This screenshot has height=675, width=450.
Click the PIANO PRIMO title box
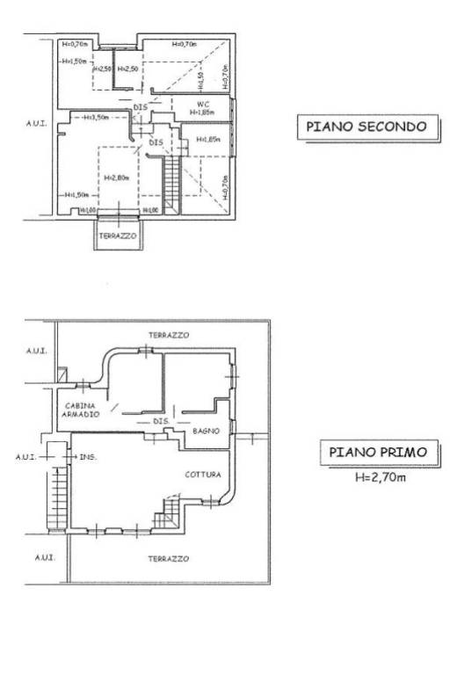tap(377, 453)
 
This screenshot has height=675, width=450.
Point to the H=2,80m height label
tap(116, 178)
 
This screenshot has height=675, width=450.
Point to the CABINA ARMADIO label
tap(80, 410)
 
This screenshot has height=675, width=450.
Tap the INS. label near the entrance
tap(86, 458)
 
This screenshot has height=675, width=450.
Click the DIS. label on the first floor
tap(160, 421)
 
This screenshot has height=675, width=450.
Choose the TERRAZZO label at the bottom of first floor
tap(167, 558)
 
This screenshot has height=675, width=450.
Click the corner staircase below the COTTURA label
tap(167, 517)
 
